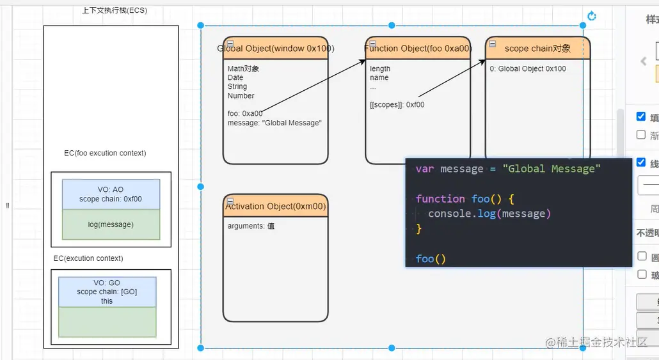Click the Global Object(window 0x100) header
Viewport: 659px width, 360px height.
click(x=276, y=49)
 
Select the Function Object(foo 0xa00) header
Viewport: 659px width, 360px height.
click(x=418, y=49)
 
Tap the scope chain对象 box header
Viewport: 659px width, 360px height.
click(x=537, y=49)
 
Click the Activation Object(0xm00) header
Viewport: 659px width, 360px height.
click(x=276, y=207)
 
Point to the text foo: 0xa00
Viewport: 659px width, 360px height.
click(x=245, y=114)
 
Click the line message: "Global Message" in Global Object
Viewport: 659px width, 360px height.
click(x=274, y=123)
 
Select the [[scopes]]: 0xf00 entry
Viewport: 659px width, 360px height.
click(x=397, y=105)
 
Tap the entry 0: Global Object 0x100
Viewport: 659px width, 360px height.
click(x=528, y=69)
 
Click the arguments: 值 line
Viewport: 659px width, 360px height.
click(x=251, y=226)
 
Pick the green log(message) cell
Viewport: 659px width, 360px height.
click(x=111, y=224)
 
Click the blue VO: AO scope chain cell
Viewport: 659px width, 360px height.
click(x=111, y=194)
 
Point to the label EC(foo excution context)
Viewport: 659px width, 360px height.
click(x=105, y=153)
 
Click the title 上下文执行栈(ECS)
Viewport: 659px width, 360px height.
click(x=115, y=11)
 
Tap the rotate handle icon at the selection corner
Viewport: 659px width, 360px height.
click(x=592, y=16)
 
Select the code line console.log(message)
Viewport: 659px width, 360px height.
click(x=489, y=214)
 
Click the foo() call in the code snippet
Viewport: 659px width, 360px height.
click(x=431, y=259)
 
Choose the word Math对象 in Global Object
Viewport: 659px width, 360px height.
click(x=243, y=69)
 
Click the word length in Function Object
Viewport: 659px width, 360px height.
click(x=380, y=69)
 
